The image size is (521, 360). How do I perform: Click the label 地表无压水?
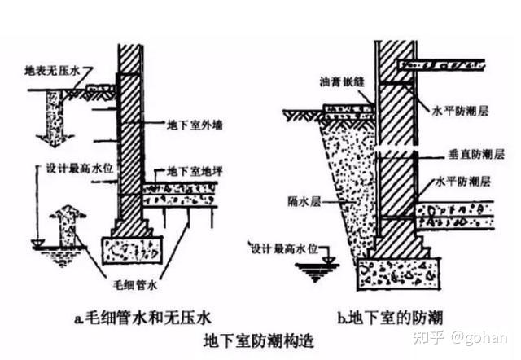[x=52, y=71]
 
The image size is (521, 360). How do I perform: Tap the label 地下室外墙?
[x=195, y=125]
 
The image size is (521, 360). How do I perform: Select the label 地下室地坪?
[x=195, y=172]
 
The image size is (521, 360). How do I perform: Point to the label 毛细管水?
[x=135, y=285]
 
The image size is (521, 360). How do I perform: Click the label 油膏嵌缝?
[x=342, y=81]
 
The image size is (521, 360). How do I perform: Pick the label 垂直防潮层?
[x=476, y=154]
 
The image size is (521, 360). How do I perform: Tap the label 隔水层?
[x=304, y=201]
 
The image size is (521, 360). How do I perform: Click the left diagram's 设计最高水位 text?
[x=79, y=169]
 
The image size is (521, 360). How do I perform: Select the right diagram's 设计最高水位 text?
[x=284, y=248]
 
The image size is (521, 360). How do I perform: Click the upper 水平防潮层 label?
[x=460, y=111]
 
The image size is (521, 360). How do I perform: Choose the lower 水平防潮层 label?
[x=463, y=182]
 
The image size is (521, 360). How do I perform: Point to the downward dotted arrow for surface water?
[x=55, y=118]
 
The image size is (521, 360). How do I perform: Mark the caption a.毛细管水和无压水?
[x=143, y=318]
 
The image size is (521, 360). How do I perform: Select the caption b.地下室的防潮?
[x=391, y=318]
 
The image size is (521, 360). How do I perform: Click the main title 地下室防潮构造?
[x=259, y=340]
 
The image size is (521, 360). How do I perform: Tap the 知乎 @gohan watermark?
[x=461, y=337]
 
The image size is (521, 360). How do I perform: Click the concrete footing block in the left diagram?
[x=132, y=250]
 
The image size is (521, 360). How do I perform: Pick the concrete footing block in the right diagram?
[x=399, y=274]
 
